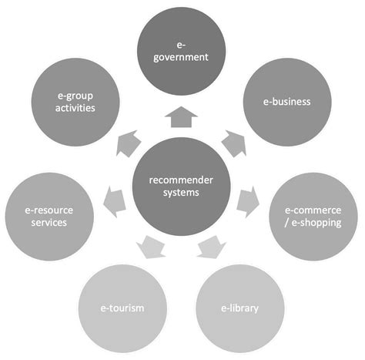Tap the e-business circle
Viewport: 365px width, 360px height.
(x=287, y=101)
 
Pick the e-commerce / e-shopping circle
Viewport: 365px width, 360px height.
(x=314, y=217)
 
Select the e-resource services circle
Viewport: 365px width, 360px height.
(x=47, y=217)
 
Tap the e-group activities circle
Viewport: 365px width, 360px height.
(x=75, y=101)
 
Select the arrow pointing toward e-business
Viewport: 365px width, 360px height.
(x=233, y=143)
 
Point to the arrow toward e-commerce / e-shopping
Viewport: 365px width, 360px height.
(x=247, y=202)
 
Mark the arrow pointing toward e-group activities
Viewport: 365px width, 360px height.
(x=128, y=143)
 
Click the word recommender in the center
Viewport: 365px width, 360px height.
(x=180, y=181)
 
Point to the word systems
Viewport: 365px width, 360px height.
(x=180, y=194)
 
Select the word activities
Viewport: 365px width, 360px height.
(x=75, y=109)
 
